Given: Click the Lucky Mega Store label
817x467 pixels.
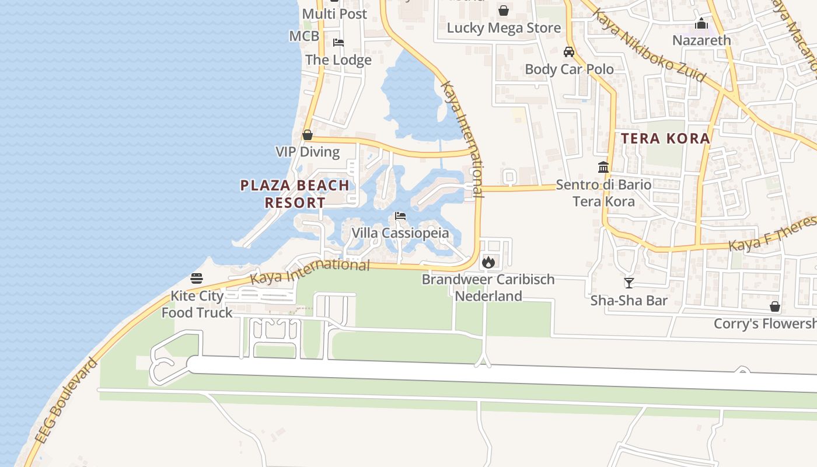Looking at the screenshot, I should pos(504,28).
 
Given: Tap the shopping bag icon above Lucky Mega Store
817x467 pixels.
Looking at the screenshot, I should pos(504,11).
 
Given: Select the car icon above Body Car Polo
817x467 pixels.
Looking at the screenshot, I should pos(569,52).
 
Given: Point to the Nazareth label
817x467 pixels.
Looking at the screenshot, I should pos(701,40).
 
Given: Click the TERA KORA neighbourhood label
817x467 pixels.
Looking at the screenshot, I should pos(665,138).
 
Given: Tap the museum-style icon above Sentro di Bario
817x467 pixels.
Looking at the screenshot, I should pos(603,168).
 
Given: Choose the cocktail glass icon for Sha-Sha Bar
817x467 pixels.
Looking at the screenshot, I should pos(629,283).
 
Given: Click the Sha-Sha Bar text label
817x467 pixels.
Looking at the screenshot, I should pos(629,301).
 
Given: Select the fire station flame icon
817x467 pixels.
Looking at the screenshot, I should pos(488,262).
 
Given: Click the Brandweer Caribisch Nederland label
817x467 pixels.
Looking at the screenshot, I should pos(488,287).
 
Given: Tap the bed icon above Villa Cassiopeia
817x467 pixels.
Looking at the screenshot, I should pos(400,216).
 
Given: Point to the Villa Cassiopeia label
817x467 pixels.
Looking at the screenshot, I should pos(400,233).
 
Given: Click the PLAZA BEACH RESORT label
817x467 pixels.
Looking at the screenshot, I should pos(295,194).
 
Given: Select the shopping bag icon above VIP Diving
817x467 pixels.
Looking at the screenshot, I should pos(308,135).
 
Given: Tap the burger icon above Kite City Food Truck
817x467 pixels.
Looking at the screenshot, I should pos(197,278).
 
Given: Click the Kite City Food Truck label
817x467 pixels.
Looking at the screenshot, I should pos(197,304).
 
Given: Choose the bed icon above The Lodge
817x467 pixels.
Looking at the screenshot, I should pos(338,43).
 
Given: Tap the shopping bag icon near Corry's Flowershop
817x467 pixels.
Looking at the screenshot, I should pos(775,306).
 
